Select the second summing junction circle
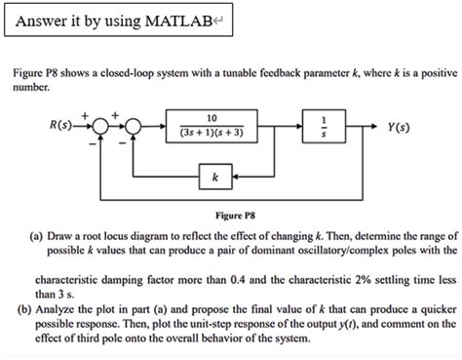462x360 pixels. (132, 125)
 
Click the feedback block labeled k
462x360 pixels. (213, 179)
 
